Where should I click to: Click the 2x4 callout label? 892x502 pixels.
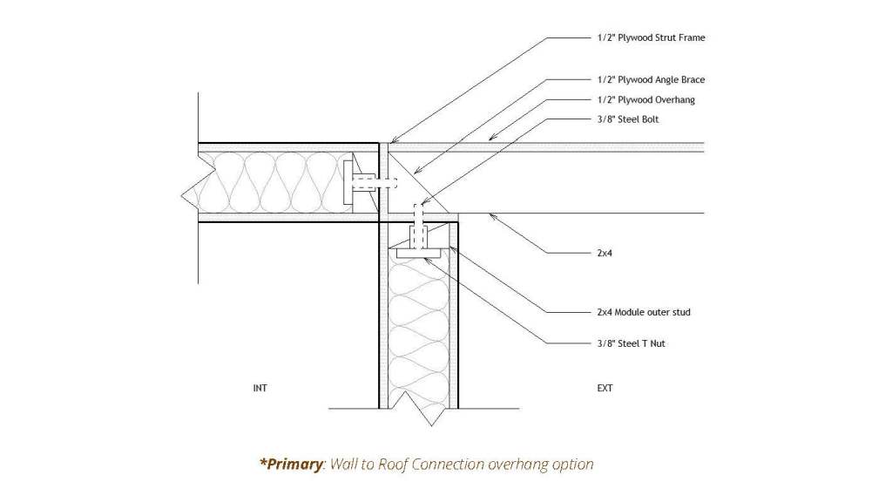coord(607,253)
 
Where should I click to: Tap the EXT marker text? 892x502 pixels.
coord(605,389)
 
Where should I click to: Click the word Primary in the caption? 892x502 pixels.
coord(293,465)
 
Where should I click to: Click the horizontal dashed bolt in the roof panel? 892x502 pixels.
coord(372,183)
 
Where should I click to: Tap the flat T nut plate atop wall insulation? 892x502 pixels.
coord(418,253)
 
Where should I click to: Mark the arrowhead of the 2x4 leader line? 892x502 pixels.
coord(491,214)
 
